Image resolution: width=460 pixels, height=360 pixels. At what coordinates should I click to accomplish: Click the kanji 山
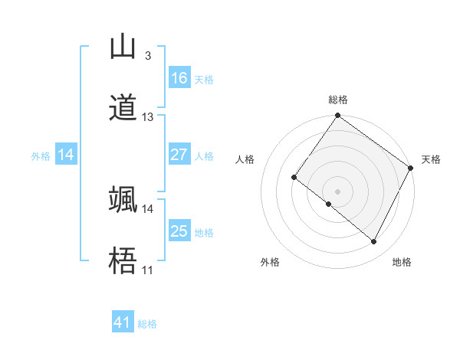pos(123,47)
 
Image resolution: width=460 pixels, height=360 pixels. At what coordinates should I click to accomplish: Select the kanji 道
pos(123,107)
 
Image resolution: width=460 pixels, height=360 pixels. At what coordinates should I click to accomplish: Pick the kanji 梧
pos(123,261)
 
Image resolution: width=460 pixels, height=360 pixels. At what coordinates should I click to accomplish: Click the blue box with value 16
pos(179,78)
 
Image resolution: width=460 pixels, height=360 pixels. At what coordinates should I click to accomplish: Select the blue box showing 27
pos(179,155)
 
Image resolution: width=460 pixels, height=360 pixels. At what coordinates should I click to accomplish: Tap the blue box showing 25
pos(179,231)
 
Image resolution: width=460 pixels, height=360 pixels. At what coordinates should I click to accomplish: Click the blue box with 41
pos(123,323)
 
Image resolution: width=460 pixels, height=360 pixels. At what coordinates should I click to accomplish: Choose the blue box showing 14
pos(66,155)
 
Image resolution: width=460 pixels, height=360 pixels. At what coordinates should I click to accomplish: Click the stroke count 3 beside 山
pos(147,56)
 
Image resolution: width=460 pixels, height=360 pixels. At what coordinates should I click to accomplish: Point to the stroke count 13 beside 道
pos(148,117)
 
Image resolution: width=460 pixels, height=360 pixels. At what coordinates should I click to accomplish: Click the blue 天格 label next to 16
pos(204,80)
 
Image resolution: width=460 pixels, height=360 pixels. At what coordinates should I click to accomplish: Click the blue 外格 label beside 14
pos(41,156)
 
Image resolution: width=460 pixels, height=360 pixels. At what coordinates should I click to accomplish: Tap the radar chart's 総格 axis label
pos(338,100)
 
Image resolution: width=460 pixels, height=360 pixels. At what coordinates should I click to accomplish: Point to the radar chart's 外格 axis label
pos(271,262)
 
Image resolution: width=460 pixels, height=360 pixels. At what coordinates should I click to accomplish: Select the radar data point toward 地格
pos(374,242)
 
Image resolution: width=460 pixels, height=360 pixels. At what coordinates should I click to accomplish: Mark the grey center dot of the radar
pos(338,191)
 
